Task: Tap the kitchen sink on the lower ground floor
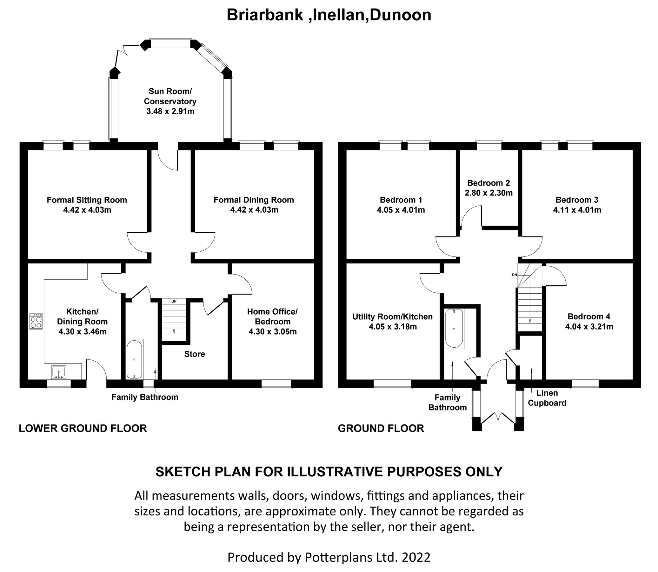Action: [x=59, y=372]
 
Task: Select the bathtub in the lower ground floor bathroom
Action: [x=135, y=359]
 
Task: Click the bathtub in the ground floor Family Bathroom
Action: [x=454, y=329]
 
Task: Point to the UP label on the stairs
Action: [x=174, y=301]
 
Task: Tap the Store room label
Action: [x=195, y=354]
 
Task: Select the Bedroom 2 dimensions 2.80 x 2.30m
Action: [x=489, y=193]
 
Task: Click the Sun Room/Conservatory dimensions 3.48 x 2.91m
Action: [x=170, y=112]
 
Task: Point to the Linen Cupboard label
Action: [x=547, y=398]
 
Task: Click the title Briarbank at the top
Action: [x=265, y=15]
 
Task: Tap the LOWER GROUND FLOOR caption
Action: [x=83, y=428]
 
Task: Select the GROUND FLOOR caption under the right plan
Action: [x=381, y=428]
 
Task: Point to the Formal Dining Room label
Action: [x=253, y=200]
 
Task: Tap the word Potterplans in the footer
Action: [x=339, y=557]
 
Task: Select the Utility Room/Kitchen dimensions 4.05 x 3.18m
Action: [x=392, y=327]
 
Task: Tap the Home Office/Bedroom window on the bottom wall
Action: [x=276, y=384]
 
